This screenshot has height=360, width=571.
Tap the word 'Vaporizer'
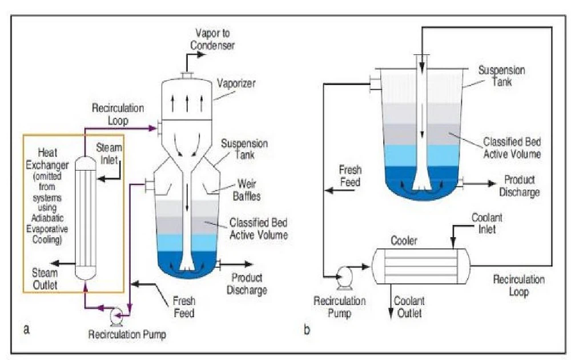pos(236,83)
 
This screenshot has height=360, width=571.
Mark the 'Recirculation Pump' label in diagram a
pos(127,334)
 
